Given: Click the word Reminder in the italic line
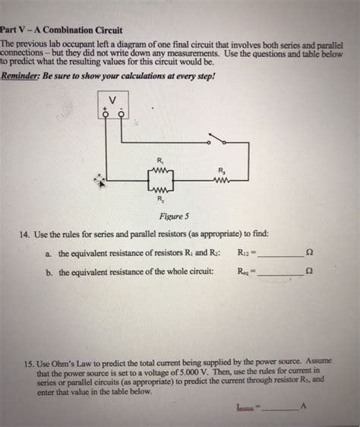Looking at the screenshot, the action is pos(23,76).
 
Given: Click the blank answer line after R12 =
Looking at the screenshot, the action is pos(280,255).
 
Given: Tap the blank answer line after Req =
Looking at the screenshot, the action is pos(280,271).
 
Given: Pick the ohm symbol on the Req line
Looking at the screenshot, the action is pos(308,270).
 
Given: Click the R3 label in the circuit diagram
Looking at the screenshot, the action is pos(221,169).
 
